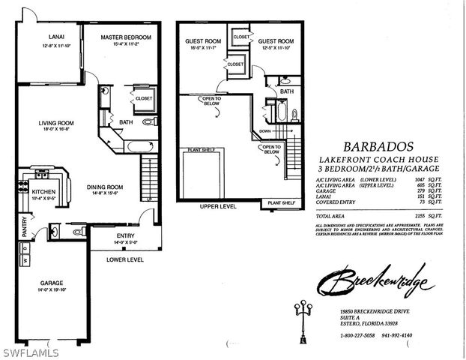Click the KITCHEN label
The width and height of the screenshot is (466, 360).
click(x=43, y=192)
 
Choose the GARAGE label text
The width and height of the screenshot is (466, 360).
click(x=50, y=283)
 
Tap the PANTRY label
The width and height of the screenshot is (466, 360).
click(x=25, y=228)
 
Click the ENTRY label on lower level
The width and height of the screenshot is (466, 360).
click(x=126, y=235)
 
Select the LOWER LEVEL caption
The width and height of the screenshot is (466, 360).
click(x=125, y=259)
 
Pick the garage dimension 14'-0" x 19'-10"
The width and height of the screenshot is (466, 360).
click(x=50, y=289)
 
